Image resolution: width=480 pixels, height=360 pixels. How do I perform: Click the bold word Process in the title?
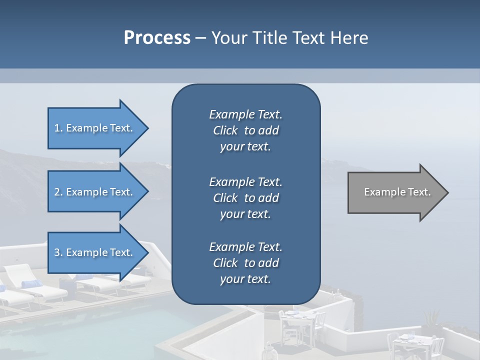pyautogui.click(x=157, y=38)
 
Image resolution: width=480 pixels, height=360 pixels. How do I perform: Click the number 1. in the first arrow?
pyautogui.click(x=58, y=128)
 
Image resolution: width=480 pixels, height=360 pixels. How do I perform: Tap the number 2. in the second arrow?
pyautogui.click(x=58, y=192)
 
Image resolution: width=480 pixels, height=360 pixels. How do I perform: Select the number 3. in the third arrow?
pyautogui.click(x=58, y=252)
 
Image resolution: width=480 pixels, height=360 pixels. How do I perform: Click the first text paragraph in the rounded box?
pyautogui.click(x=245, y=130)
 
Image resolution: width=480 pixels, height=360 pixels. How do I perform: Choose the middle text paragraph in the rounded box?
pyautogui.click(x=245, y=198)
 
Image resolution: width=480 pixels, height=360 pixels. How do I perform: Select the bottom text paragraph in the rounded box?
pyautogui.click(x=245, y=263)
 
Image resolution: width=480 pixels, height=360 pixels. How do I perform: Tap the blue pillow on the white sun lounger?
pyautogui.click(x=32, y=284)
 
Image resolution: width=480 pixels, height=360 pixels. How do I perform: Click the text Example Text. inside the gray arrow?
pyautogui.click(x=397, y=192)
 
